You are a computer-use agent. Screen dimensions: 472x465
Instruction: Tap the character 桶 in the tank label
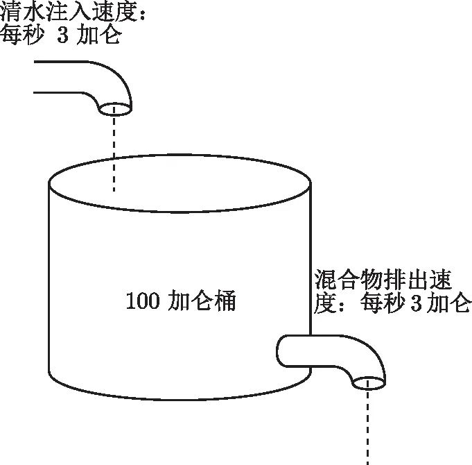pos(225,302)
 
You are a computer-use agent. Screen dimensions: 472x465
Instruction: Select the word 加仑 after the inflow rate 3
pos(101,35)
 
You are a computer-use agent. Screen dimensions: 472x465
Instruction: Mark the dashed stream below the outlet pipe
pos(368,427)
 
